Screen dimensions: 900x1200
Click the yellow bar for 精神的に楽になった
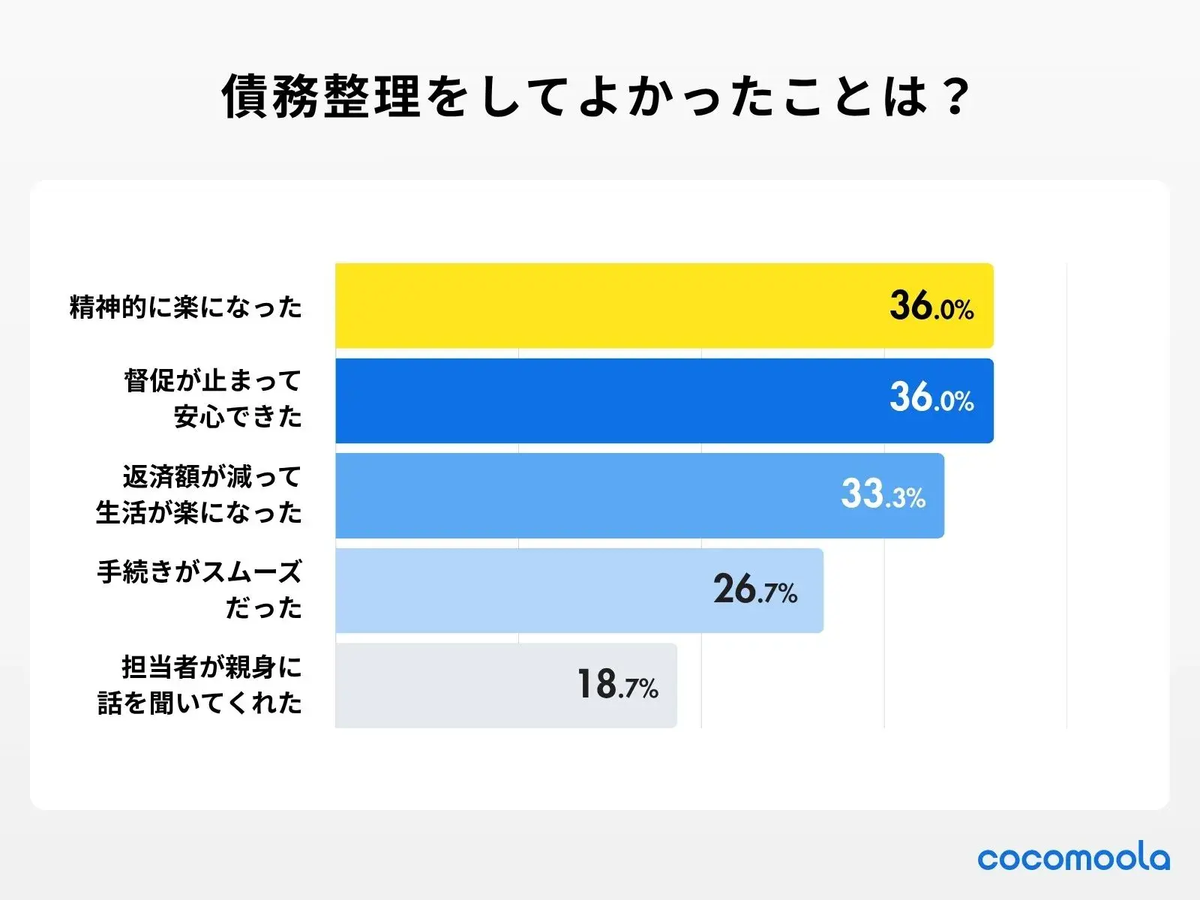[x=600, y=305]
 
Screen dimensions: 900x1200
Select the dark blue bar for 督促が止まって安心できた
[x=600, y=400]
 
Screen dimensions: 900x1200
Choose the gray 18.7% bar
[x=450, y=685]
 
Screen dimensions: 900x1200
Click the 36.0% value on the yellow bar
[x=931, y=307]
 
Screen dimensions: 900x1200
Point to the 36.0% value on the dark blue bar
[x=931, y=397]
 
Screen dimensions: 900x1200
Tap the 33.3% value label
[x=883, y=494]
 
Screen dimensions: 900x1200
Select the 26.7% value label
[x=754, y=589]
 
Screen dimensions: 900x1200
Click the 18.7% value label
[x=617, y=685]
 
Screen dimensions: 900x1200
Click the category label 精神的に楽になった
[x=185, y=307]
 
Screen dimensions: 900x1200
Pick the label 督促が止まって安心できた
[x=212, y=398]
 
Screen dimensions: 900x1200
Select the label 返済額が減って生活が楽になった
[x=199, y=494]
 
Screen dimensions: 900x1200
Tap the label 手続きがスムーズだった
[x=199, y=589]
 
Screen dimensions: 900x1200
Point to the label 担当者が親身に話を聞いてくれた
[x=199, y=685]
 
